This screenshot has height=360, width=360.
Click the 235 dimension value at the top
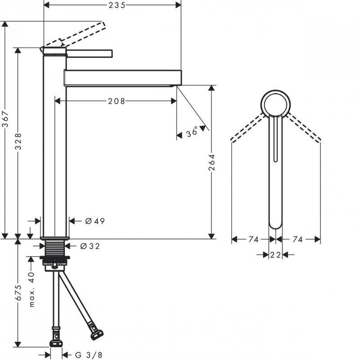click(x=117, y=5)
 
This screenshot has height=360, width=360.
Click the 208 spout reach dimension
click(x=116, y=102)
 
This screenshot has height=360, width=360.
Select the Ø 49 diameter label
click(x=94, y=221)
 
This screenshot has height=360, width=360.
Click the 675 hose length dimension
click(x=18, y=292)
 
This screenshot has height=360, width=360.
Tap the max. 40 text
click(x=31, y=289)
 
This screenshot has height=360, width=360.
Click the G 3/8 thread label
click(x=88, y=355)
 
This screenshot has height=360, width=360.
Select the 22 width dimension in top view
click(x=275, y=255)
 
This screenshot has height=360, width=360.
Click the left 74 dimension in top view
click(x=253, y=240)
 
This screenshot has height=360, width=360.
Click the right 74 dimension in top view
click(x=297, y=240)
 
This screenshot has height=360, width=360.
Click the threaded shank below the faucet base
click(x=55, y=248)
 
